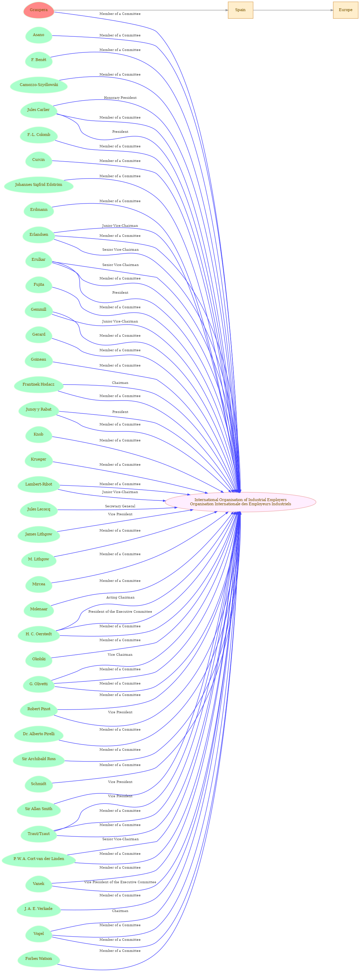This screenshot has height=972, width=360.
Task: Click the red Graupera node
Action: [38, 10]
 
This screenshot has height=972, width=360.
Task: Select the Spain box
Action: [240, 10]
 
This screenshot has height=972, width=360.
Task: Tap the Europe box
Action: [345, 10]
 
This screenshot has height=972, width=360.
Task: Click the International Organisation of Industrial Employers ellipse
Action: [240, 502]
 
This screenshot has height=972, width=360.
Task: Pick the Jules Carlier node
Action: [38, 110]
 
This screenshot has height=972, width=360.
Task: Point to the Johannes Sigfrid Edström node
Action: [38, 185]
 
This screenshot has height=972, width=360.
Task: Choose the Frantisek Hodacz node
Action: [38, 385]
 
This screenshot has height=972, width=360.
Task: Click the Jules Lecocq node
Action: [38, 509]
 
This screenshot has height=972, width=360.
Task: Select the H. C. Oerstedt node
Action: [38, 634]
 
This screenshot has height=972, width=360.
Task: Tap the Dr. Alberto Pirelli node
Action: [38, 734]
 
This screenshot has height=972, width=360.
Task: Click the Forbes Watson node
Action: [38, 958]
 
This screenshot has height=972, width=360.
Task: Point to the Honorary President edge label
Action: [120, 98]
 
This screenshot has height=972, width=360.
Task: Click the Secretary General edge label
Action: [120, 506]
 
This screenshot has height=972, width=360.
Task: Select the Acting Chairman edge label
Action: [120, 597]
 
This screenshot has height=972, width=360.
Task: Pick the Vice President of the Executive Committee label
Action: [120, 882]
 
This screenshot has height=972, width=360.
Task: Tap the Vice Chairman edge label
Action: [120, 655]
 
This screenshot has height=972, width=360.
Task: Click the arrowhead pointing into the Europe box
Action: [331, 10]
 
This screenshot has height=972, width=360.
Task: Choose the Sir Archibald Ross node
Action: [38, 759]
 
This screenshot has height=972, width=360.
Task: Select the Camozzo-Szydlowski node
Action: [38, 85]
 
